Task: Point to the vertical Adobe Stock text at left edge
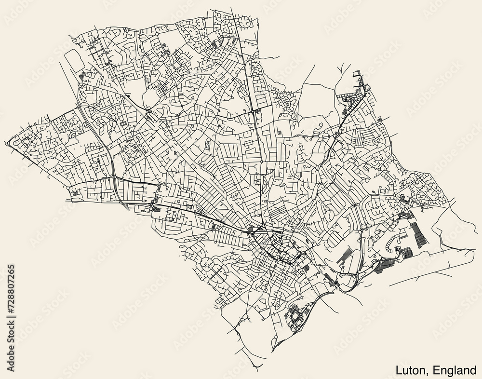[x=11, y=345]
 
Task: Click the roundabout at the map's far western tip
[x=8, y=143]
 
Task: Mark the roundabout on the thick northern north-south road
[x=254, y=111]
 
